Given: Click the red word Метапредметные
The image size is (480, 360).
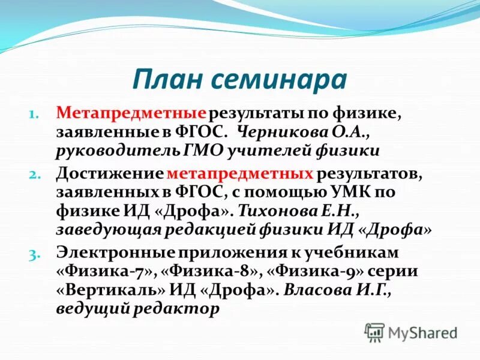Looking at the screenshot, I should click(x=131, y=112).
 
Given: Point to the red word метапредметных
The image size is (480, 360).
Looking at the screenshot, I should click(x=241, y=174).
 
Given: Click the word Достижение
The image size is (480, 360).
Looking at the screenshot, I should click(x=110, y=174).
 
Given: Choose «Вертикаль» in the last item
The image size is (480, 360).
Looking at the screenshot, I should click(x=112, y=290).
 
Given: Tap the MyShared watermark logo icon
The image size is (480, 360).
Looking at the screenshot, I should click(x=374, y=332).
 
